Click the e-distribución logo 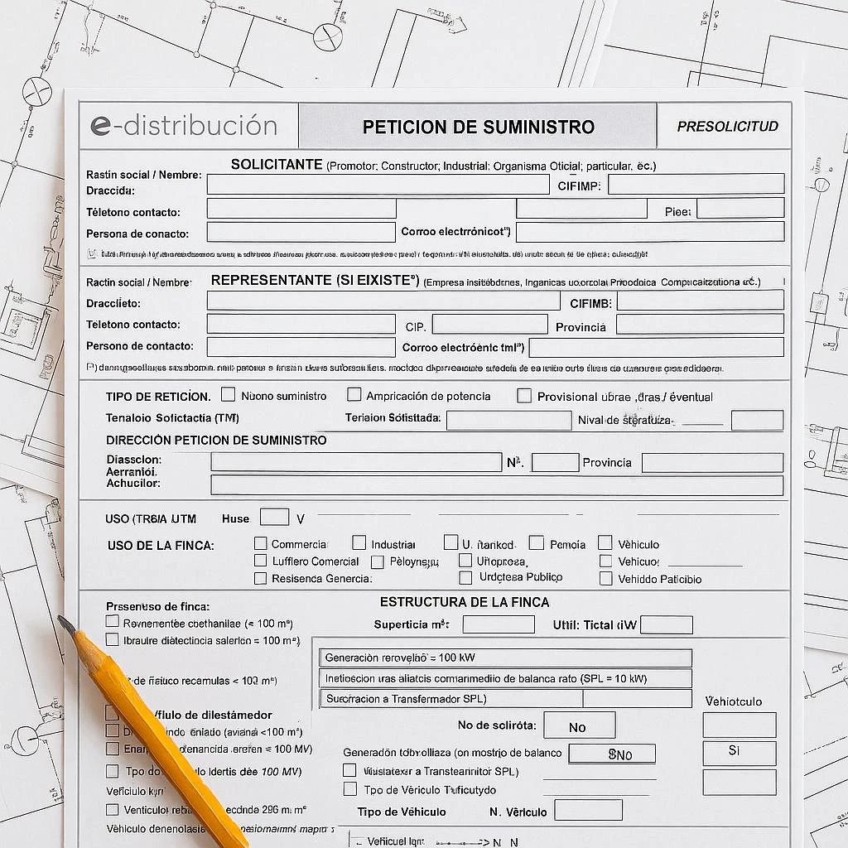[184, 126]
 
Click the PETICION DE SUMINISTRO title [478, 127]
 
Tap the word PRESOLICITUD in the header [727, 127]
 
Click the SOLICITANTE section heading [277, 165]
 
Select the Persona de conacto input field [301, 233]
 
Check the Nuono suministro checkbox [229, 395]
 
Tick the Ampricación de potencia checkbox [354, 395]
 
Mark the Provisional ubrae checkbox [524, 396]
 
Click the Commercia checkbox [261, 543]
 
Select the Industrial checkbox [359, 543]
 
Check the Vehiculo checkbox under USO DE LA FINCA [605, 543]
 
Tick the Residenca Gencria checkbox [261, 578]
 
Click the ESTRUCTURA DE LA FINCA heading [465, 602]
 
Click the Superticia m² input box [499, 624]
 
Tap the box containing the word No [579, 725]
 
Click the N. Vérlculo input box [588, 810]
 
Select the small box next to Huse [274, 518]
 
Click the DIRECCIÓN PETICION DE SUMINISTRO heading [216, 441]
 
